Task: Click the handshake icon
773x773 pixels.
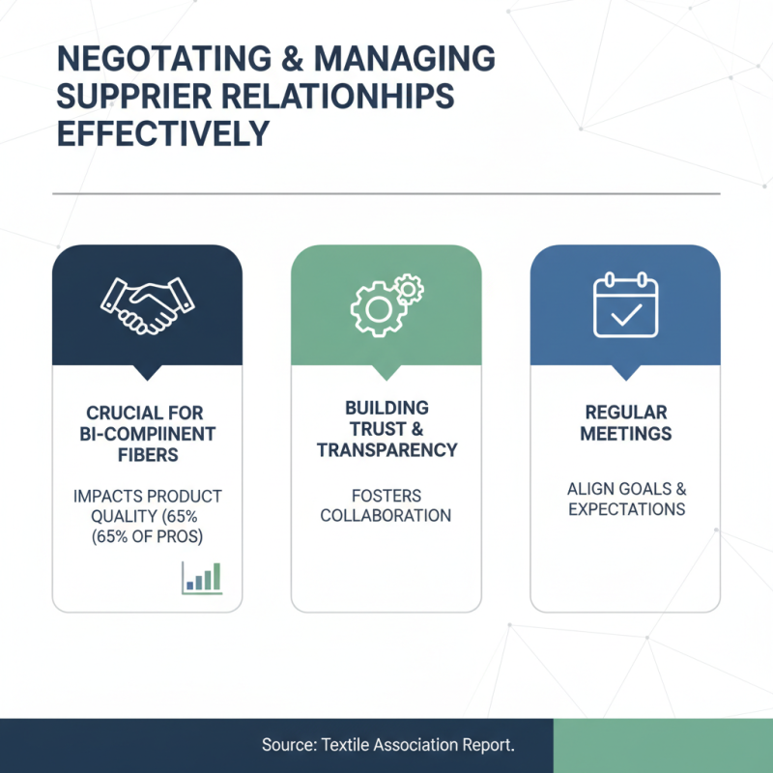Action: tap(148, 306)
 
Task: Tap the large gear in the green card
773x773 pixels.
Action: tap(378, 309)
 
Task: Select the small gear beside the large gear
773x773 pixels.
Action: tap(409, 289)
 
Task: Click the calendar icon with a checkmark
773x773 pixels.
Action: tap(625, 304)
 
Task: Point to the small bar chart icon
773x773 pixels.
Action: tap(202, 578)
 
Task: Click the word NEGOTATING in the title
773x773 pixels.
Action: tap(164, 59)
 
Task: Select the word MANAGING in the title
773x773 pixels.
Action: tap(404, 59)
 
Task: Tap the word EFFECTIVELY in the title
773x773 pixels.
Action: tap(163, 133)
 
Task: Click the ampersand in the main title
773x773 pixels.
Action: tap(293, 59)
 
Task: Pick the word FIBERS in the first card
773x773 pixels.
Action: tap(148, 454)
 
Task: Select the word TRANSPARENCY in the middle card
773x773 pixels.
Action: tap(387, 450)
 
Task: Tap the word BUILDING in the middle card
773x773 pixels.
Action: tap(387, 408)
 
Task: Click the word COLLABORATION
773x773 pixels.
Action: tap(386, 516)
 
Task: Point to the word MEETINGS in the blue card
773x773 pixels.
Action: tap(625, 433)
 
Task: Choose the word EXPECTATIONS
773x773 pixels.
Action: tap(626, 509)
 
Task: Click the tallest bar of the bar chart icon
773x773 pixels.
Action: tap(216, 576)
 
